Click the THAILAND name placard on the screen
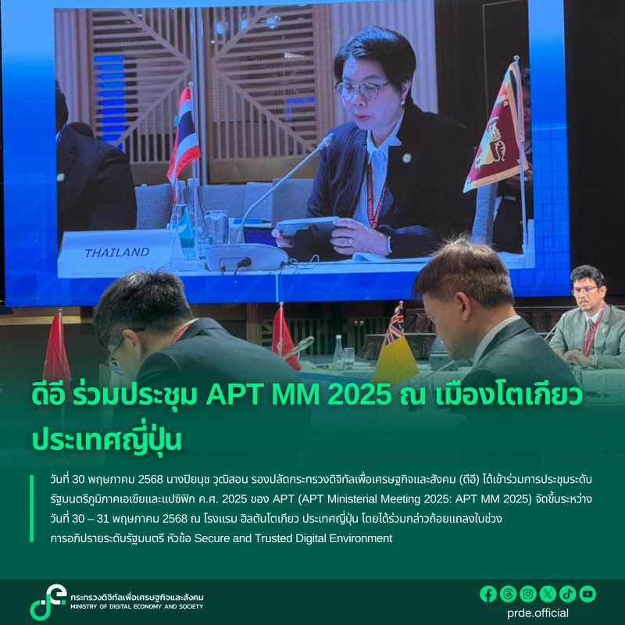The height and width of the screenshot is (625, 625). coord(117,252)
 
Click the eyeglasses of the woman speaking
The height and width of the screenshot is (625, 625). coord(362,88)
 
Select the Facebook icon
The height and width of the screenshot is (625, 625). coord(488,594)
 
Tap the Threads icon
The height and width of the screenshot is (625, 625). coord(508,594)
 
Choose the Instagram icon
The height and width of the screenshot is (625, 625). coord(527,594)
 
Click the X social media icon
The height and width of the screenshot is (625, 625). coord(548,594)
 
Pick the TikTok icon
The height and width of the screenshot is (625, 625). coord(567,594)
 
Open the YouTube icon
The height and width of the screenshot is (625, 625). coord(587,594)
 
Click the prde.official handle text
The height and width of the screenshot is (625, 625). coord(537,613)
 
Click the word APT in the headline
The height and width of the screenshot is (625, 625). coord(232,396)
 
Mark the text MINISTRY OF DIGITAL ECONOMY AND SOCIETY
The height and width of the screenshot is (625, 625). coord(137,607)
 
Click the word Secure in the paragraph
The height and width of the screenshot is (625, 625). coord(213,538)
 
